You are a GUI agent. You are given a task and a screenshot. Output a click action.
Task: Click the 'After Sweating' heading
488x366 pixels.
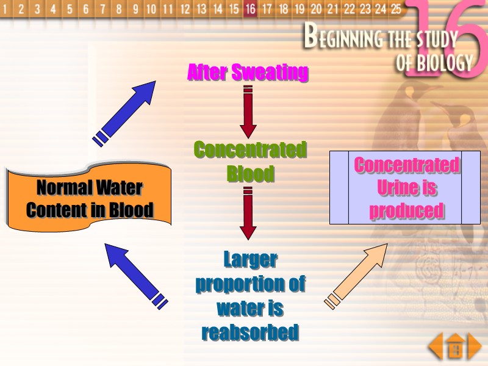pyautogui.click(x=248, y=73)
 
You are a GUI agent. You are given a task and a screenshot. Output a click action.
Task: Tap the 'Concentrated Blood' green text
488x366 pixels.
pyautogui.click(x=250, y=162)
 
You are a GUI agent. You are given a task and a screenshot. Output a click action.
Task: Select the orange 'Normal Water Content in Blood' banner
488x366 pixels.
pyautogui.click(x=89, y=198)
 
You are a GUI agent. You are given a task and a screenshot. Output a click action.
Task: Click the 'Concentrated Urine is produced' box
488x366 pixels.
pyautogui.click(x=405, y=187)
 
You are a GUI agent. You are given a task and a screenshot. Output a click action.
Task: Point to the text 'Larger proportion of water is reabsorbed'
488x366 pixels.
pyautogui.click(x=250, y=296)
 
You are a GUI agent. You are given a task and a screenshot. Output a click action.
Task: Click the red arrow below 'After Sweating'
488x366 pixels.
pyautogui.click(x=248, y=113)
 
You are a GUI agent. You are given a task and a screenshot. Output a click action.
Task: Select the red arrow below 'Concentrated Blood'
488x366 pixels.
pyautogui.click(x=248, y=213)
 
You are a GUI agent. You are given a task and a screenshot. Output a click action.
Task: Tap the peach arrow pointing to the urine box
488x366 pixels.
pyautogui.click(x=357, y=274)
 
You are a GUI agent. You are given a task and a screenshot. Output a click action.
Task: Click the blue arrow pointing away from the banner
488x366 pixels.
pyautogui.click(x=125, y=113)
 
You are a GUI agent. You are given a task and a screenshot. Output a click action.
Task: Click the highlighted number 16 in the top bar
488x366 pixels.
pyautogui.click(x=250, y=9)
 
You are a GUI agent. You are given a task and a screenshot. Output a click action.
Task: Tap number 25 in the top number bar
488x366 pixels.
pyautogui.click(x=396, y=9)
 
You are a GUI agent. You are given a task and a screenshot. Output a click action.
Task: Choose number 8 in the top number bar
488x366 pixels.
pyautogui.click(x=118, y=9)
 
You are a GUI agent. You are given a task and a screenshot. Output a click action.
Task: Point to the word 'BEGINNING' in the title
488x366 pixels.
pyautogui.click(x=342, y=40)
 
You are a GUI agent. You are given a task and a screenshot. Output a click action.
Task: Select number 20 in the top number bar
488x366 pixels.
pyautogui.click(x=316, y=9)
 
